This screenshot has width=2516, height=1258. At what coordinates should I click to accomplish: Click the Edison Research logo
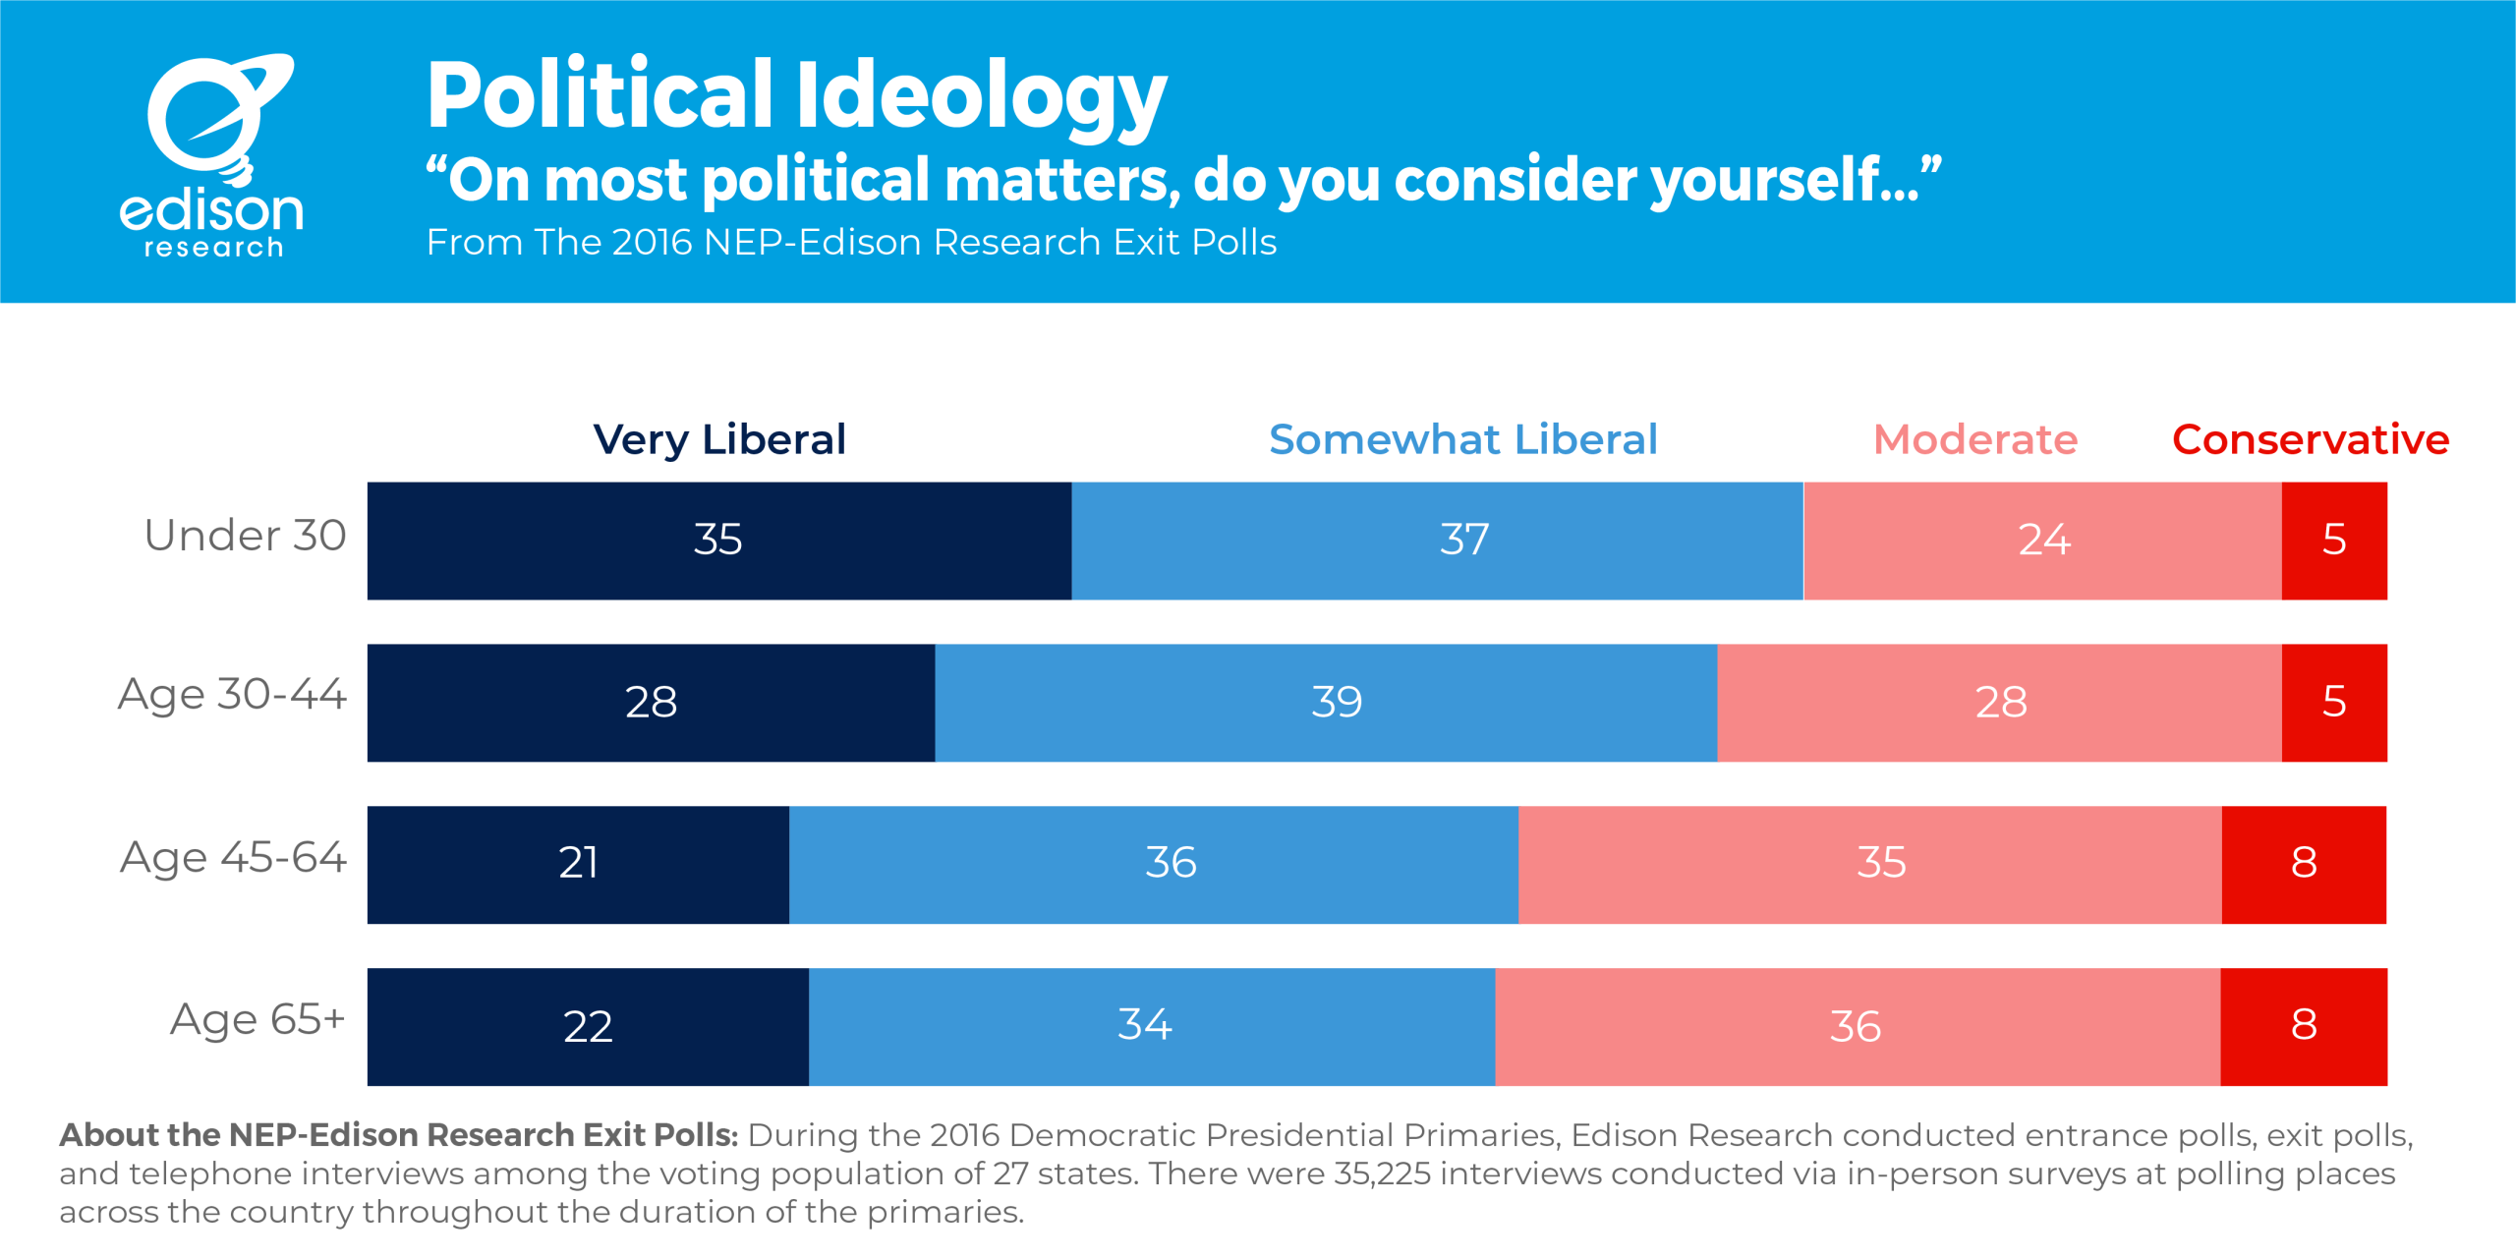click(211, 155)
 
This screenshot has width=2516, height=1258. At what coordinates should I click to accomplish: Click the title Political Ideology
click(796, 95)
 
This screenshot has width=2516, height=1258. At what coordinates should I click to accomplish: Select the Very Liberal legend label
click(719, 439)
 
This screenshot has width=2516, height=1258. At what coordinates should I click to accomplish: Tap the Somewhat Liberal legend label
click(1462, 439)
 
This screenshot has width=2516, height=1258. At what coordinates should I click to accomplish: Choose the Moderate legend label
click(1975, 439)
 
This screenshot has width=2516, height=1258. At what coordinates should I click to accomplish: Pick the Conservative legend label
click(2311, 439)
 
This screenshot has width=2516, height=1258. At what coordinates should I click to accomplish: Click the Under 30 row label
click(245, 536)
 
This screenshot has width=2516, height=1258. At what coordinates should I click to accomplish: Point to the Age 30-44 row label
click(232, 695)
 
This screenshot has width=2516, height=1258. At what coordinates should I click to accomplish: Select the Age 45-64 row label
click(233, 857)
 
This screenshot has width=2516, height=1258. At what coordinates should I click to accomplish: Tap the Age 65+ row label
click(257, 1019)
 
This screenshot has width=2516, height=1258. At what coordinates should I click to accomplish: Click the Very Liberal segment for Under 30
click(719, 541)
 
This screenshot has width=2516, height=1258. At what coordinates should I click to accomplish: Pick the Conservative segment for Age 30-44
click(2334, 703)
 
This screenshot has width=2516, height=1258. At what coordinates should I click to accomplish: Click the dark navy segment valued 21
click(578, 865)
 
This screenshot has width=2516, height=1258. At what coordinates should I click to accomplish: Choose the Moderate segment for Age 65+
click(1858, 1027)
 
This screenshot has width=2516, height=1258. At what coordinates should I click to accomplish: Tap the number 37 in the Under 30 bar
click(1464, 540)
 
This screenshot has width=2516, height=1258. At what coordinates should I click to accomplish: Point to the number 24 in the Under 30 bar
click(2044, 540)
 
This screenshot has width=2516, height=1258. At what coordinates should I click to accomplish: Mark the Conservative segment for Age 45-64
click(2304, 865)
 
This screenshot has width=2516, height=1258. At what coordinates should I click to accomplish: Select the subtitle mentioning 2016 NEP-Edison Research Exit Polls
click(851, 242)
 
